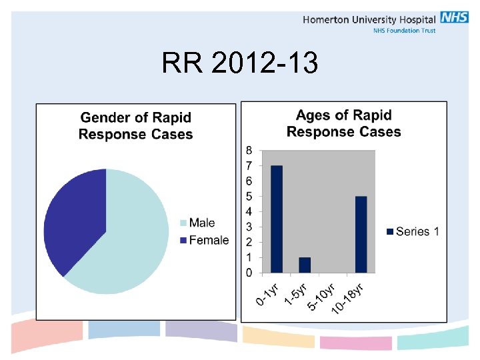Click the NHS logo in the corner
coord(454,18)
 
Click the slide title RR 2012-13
coord(240,64)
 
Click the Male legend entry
coord(201,223)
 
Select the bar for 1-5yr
coord(305,265)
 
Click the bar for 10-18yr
coord(361,234)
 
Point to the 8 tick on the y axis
coord(248,150)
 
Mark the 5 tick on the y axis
coord(248,196)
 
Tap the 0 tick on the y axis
coord(248,273)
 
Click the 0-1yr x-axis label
coord(268,293)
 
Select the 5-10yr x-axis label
coord(321,296)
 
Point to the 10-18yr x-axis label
coord(348,297)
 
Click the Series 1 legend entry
coord(413,231)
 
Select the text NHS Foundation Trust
coord(404,31)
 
